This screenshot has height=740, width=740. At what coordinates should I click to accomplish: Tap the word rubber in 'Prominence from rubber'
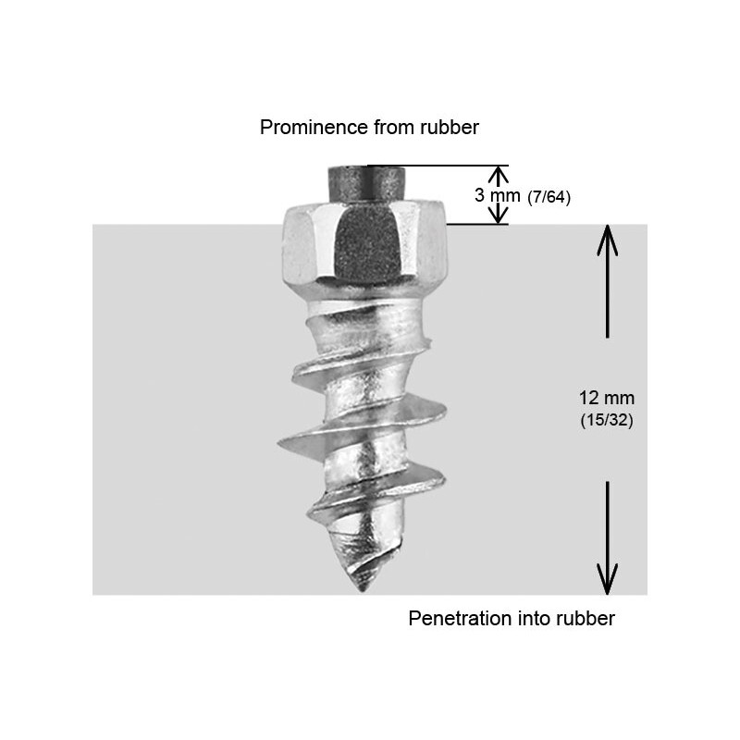(447, 128)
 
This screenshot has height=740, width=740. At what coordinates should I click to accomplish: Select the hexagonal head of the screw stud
(364, 244)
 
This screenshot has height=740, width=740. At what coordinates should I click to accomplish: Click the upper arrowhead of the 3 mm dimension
(499, 174)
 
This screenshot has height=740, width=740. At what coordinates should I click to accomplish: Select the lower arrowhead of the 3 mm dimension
(499, 216)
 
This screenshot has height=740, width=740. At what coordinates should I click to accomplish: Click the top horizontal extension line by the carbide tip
(435, 166)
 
